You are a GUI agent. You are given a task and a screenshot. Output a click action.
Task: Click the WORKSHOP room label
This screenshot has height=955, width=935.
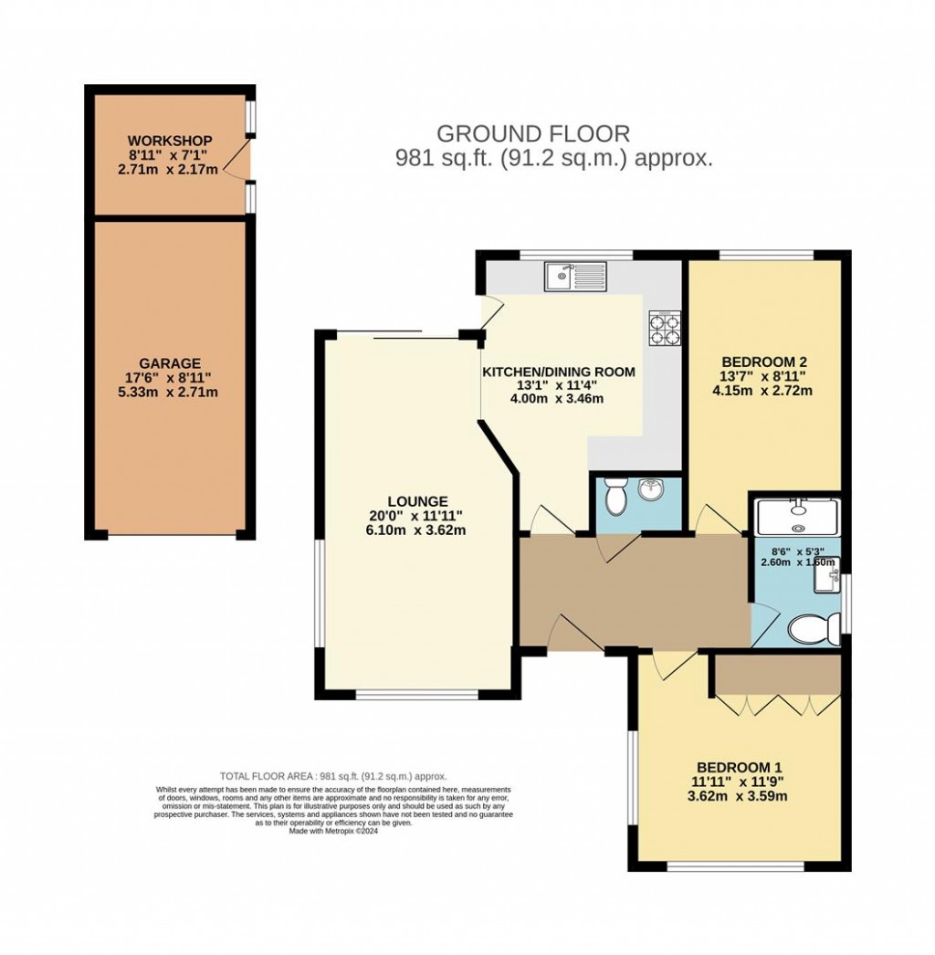(170, 141)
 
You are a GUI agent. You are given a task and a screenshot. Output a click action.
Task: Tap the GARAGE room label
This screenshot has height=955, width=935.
(170, 363)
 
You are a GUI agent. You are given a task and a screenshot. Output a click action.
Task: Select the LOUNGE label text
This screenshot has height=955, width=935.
(417, 501)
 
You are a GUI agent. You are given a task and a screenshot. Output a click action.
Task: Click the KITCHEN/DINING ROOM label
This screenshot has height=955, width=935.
(558, 372)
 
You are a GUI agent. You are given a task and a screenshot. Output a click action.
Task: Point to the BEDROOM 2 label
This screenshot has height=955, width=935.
(763, 361)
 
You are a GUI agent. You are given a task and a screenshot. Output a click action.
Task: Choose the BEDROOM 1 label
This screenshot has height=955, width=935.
(740, 767)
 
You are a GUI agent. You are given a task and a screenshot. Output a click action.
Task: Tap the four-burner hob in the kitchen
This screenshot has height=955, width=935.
(665, 327)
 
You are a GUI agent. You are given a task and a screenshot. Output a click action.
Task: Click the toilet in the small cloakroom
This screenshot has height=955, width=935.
(614, 496)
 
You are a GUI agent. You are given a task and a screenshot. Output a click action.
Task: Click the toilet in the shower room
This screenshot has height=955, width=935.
(813, 628)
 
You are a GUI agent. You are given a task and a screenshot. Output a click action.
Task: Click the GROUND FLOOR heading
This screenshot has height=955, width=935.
(532, 134)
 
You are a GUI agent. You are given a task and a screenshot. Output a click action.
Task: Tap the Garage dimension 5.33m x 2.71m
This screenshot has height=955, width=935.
(170, 393)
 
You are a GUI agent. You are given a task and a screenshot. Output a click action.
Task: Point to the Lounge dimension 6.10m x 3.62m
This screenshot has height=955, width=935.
(417, 530)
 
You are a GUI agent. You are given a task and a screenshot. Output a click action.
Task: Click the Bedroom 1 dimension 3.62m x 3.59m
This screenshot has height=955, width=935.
(740, 796)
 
